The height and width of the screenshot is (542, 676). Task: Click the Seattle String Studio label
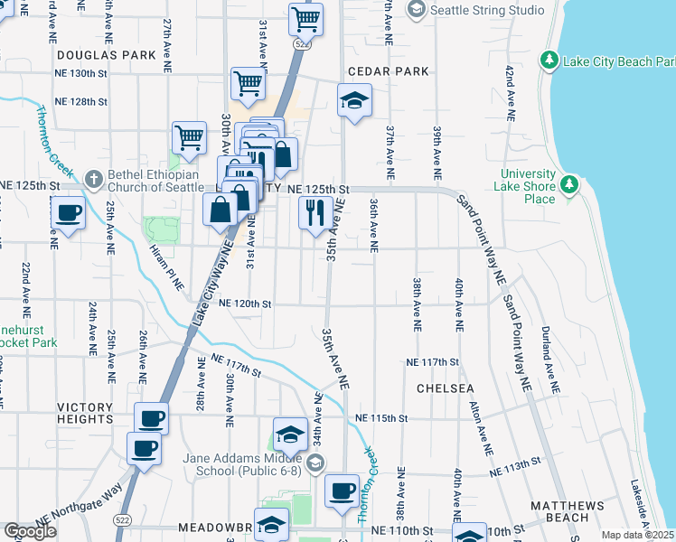coord(488,10)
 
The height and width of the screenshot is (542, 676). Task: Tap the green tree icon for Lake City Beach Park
coord(548,61)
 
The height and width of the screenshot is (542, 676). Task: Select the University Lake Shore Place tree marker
coord(568,185)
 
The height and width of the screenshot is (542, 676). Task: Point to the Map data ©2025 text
coord(636,535)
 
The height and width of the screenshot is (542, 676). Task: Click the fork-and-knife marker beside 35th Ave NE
coord(314,213)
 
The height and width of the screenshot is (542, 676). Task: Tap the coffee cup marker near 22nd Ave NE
coord(69,213)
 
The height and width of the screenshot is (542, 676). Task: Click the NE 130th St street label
coord(80,73)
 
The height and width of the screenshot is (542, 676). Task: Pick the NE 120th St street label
coord(245,304)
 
